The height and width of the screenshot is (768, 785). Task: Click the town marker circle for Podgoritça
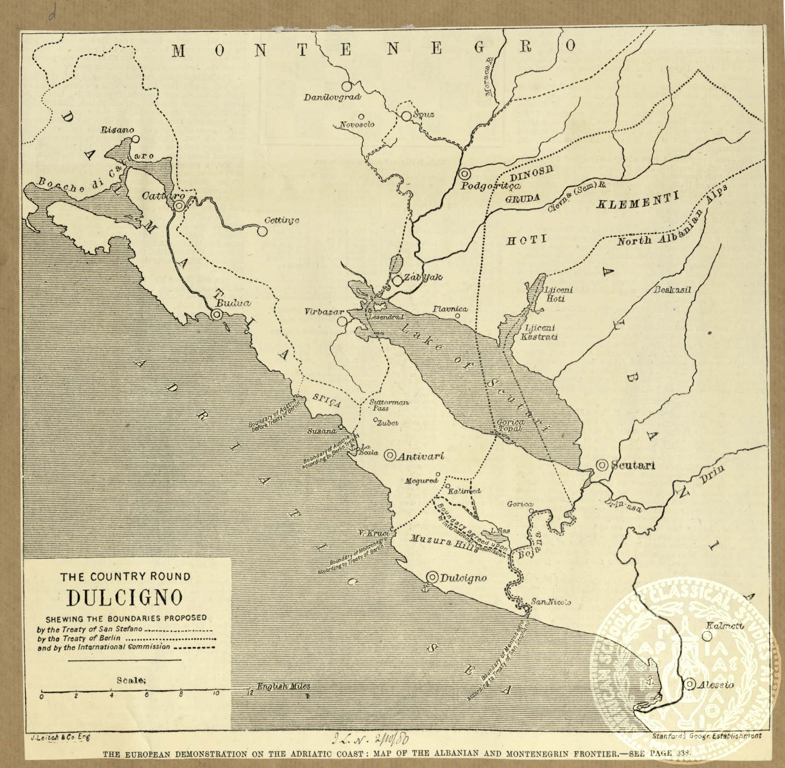point(464,173)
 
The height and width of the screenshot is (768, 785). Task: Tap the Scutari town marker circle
point(602,465)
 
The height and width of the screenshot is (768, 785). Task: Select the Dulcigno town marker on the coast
point(432,577)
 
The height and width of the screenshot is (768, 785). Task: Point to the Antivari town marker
point(390,455)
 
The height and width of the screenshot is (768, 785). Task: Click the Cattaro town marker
point(179,206)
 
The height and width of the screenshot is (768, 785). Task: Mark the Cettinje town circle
point(262,231)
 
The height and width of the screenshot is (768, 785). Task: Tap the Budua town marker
point(217,314)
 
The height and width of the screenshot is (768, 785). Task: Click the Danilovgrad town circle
point(346,86)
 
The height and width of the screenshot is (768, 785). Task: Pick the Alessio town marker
point(690,684)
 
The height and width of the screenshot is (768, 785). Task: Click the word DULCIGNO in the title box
point(125,597)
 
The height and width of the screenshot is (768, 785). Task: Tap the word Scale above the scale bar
point(131,680)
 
